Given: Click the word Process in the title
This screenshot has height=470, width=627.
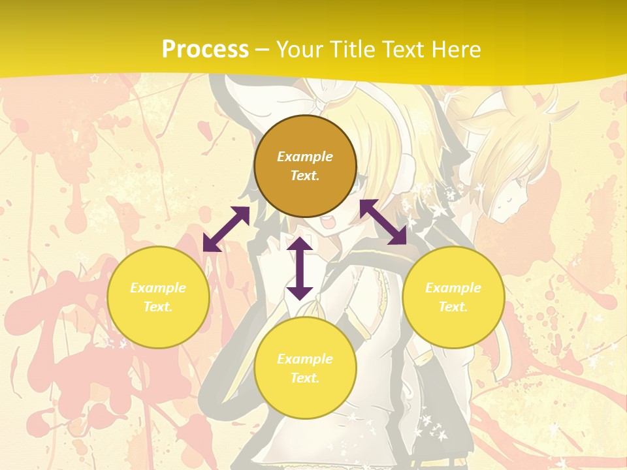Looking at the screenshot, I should tap(205, 50).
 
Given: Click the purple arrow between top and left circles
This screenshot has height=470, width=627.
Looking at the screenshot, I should tap(226, 229).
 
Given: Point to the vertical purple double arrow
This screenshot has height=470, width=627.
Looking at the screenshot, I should tap(300, 268).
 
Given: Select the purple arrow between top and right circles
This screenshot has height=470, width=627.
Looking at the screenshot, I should tap(383, 222).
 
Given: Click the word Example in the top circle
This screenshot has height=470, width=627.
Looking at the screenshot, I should tap(305, 157).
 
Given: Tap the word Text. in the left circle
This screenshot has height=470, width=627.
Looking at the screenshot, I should tap(158, 307).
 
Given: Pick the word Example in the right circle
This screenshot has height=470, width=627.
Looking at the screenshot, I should tap(453, 288).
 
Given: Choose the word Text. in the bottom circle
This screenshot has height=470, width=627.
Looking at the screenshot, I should tap(305, 378).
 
